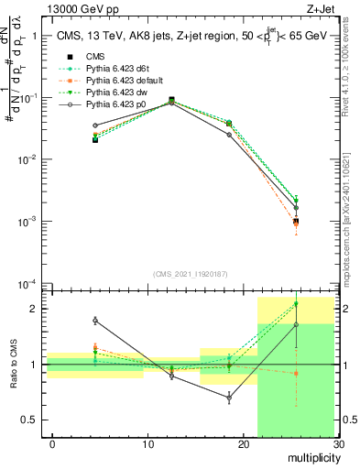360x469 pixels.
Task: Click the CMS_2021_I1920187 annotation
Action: (191, 274)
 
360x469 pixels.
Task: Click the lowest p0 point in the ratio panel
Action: (229, 398)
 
